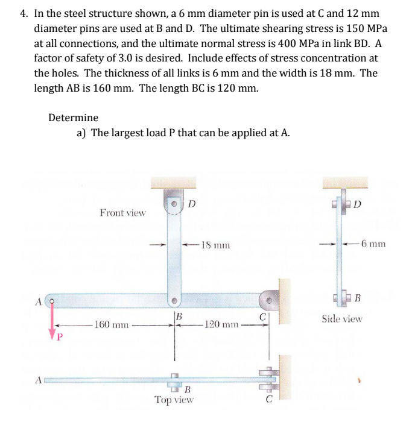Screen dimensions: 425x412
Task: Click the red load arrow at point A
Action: click(54, 318)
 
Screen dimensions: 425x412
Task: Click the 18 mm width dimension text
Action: click(215, 245)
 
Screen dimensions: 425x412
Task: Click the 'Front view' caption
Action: click(122, 212)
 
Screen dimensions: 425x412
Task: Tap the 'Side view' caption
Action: click(341, 318)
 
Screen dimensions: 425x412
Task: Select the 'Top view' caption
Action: click(174, 399)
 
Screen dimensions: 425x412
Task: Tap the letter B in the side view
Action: click(357, 298)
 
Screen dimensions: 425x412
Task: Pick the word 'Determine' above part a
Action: click(73, 117)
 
